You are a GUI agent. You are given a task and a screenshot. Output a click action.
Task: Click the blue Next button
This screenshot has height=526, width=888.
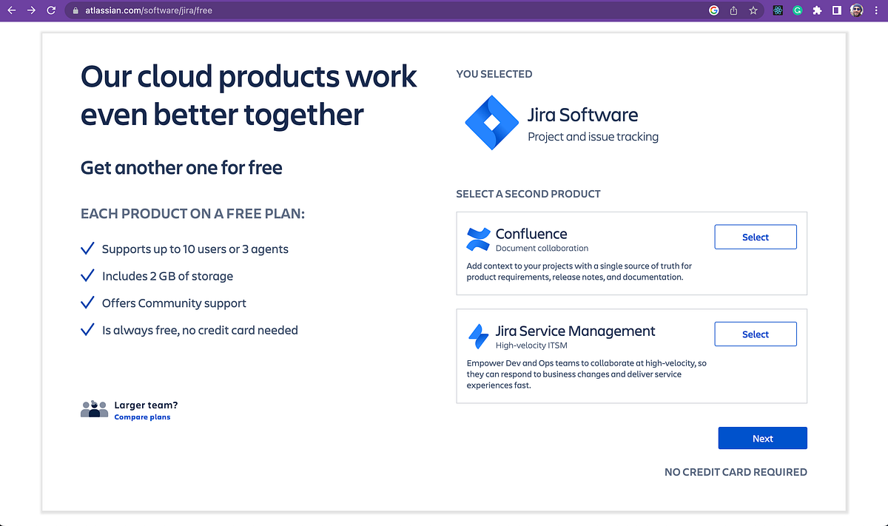[762, 438]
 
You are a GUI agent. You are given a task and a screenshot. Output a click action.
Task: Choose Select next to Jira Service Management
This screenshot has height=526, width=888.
[755, 334]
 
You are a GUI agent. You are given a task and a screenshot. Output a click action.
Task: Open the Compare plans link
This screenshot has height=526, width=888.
[142, 417]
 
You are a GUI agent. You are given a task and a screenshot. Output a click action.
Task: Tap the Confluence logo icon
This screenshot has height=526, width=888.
[478, 239]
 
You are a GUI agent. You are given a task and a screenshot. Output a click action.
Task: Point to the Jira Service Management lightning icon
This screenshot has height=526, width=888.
[478, 336]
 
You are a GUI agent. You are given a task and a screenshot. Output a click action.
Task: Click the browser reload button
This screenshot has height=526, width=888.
[51, 10]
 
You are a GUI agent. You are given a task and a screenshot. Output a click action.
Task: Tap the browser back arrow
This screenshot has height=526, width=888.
[12, 10]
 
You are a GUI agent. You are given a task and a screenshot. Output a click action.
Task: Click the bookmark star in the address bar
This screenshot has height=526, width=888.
[753, 10]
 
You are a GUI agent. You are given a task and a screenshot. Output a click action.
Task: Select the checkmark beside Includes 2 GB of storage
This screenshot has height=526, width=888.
[87, 275]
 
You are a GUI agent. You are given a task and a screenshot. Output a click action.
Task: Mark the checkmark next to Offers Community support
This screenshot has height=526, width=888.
[87, 303]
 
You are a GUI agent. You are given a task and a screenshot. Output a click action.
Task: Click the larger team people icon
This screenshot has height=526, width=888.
[94, 409]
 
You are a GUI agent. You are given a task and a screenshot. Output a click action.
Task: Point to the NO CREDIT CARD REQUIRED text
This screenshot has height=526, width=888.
[736, 472]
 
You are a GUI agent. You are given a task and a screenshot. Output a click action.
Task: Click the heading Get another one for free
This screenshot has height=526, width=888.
[181, 168]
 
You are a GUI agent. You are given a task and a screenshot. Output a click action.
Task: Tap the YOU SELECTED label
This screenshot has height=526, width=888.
[494, 74]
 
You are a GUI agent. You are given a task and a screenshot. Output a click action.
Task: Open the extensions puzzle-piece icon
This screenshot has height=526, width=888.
[817, 10]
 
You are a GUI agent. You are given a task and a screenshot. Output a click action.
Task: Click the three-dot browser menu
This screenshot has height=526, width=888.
[876, 10]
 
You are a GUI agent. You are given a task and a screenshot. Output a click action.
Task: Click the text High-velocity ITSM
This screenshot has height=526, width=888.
[531, 345]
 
